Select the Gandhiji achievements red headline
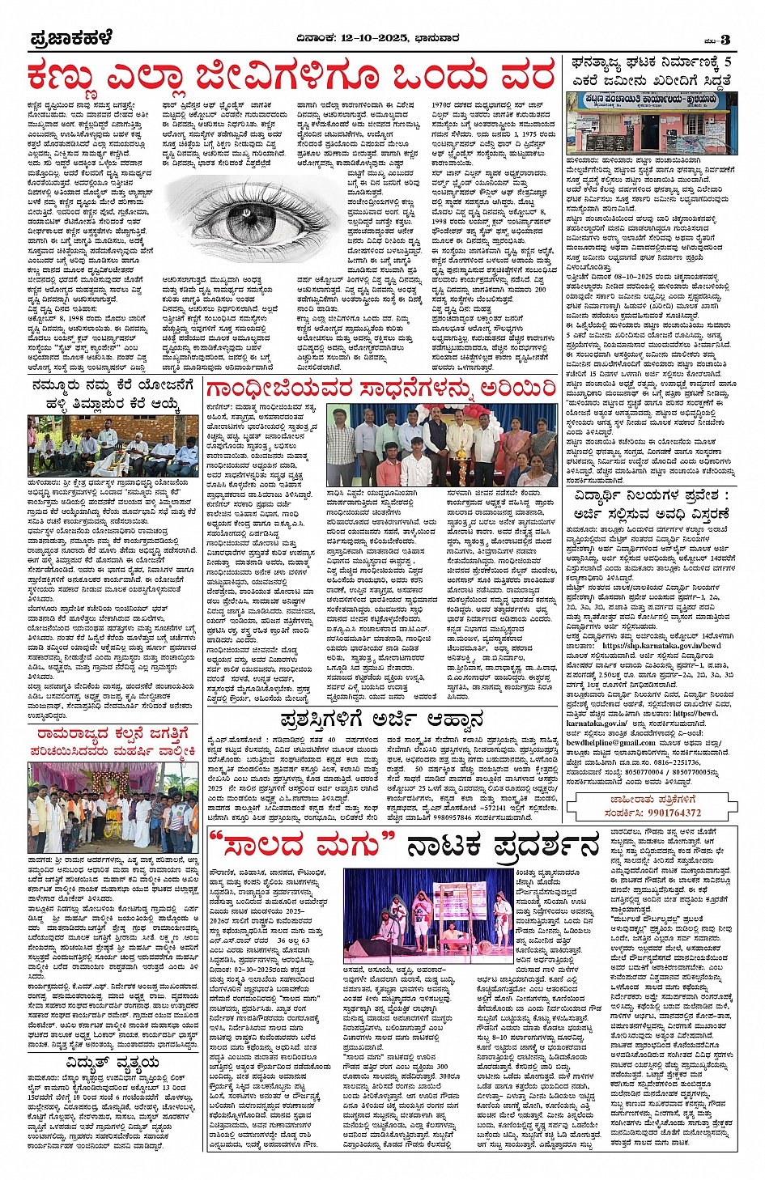[x=380, y=389]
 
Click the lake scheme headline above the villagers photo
[x=113, y=393]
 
